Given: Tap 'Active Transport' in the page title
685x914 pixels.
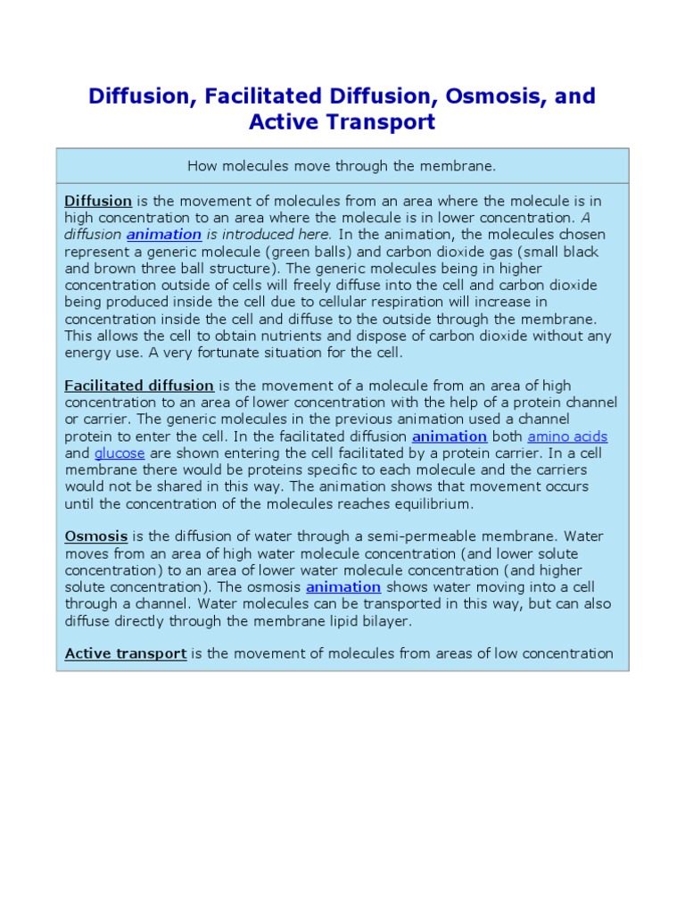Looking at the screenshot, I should point(342,122).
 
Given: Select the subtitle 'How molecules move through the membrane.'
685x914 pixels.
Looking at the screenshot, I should point(342,166).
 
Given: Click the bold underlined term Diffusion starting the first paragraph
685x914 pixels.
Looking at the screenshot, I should point(98,201).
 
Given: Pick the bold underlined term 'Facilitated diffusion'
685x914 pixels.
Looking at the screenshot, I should point(139,386).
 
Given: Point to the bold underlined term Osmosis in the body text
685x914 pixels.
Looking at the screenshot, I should point(96,536).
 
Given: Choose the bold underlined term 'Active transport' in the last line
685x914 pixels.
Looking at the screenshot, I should point(126,653).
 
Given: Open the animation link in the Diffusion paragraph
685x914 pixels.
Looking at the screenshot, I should point(164,235).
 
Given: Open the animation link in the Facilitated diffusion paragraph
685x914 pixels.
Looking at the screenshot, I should point(450,436).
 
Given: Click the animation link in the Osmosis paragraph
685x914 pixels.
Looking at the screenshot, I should point(343,587).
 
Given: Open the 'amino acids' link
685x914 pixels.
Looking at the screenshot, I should point(567,436).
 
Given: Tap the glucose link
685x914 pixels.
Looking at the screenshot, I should point(119,453).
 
